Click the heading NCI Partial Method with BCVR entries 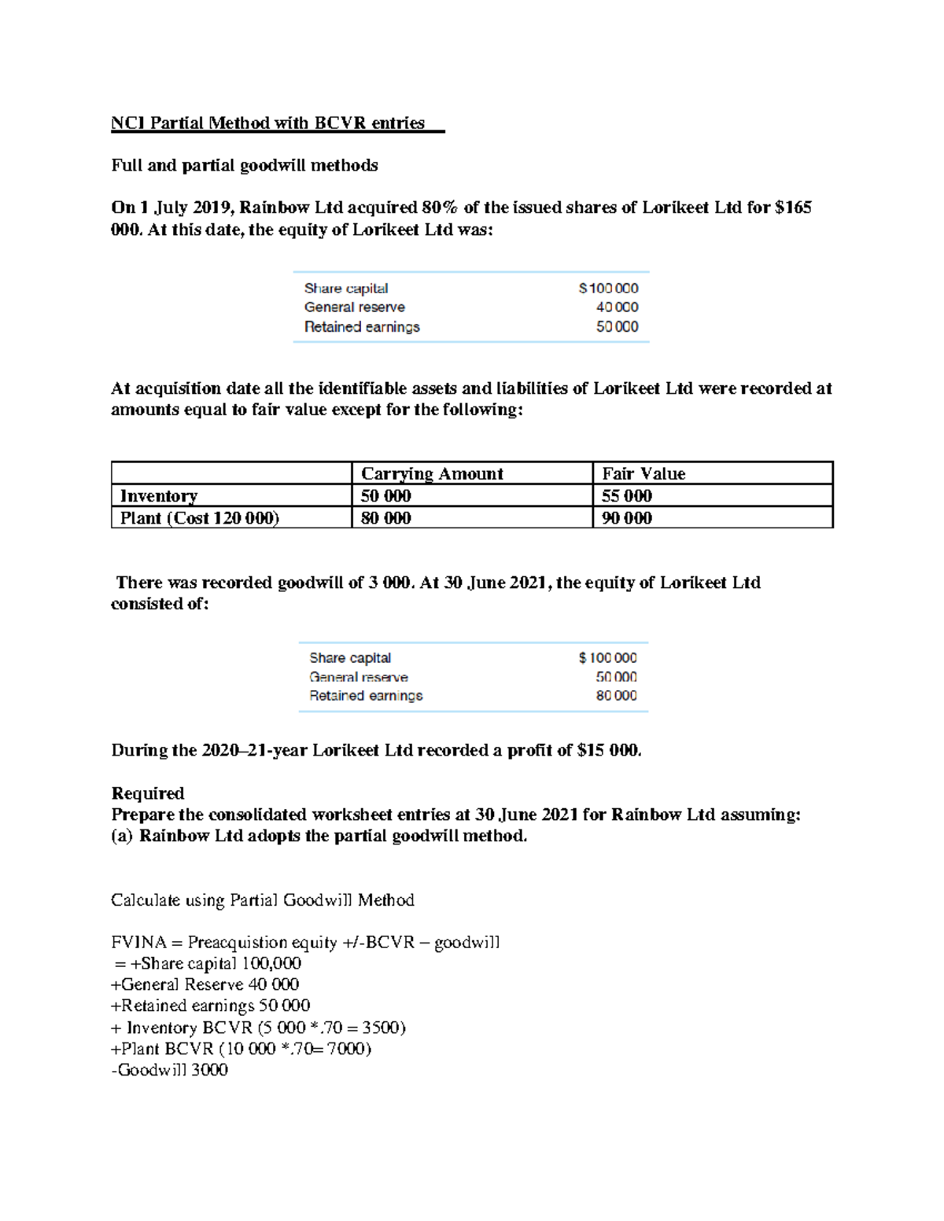267,123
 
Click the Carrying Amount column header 431,473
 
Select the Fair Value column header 643,473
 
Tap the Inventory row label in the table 159,495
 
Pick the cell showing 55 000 626,495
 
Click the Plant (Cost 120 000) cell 200,517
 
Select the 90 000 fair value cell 626,517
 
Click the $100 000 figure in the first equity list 608,289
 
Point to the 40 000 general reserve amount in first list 617,307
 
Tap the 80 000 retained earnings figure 616,696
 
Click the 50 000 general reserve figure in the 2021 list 616,677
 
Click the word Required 148,793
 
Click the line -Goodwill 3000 170,1069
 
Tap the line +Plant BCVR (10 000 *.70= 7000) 242,1048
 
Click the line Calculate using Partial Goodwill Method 263,900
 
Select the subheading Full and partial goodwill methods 245,165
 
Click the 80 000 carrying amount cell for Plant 385,517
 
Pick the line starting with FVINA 305,942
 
